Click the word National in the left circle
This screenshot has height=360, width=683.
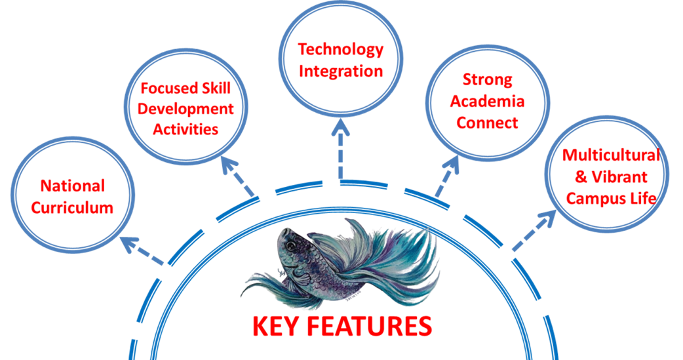73,186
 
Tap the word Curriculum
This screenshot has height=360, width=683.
72,207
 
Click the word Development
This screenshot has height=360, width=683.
185,109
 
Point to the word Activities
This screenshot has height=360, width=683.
185,129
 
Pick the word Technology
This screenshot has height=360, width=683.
341,50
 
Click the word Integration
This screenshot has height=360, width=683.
341,71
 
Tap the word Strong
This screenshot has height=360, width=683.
488,80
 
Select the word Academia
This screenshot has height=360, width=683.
488,102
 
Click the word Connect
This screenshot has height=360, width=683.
488,123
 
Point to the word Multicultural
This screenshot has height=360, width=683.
611,155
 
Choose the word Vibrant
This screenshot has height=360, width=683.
619,177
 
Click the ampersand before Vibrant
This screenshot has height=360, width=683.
581,177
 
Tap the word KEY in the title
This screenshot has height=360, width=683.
276,327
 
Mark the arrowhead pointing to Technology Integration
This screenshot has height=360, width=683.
341,127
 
